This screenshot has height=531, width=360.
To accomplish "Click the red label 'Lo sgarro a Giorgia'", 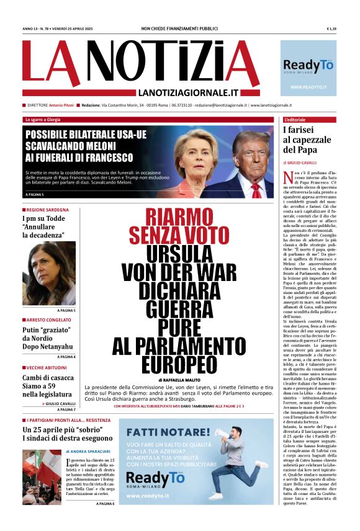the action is click(x=43, y=119).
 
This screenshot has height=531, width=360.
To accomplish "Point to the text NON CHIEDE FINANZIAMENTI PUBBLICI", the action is click(x=180, y=29).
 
